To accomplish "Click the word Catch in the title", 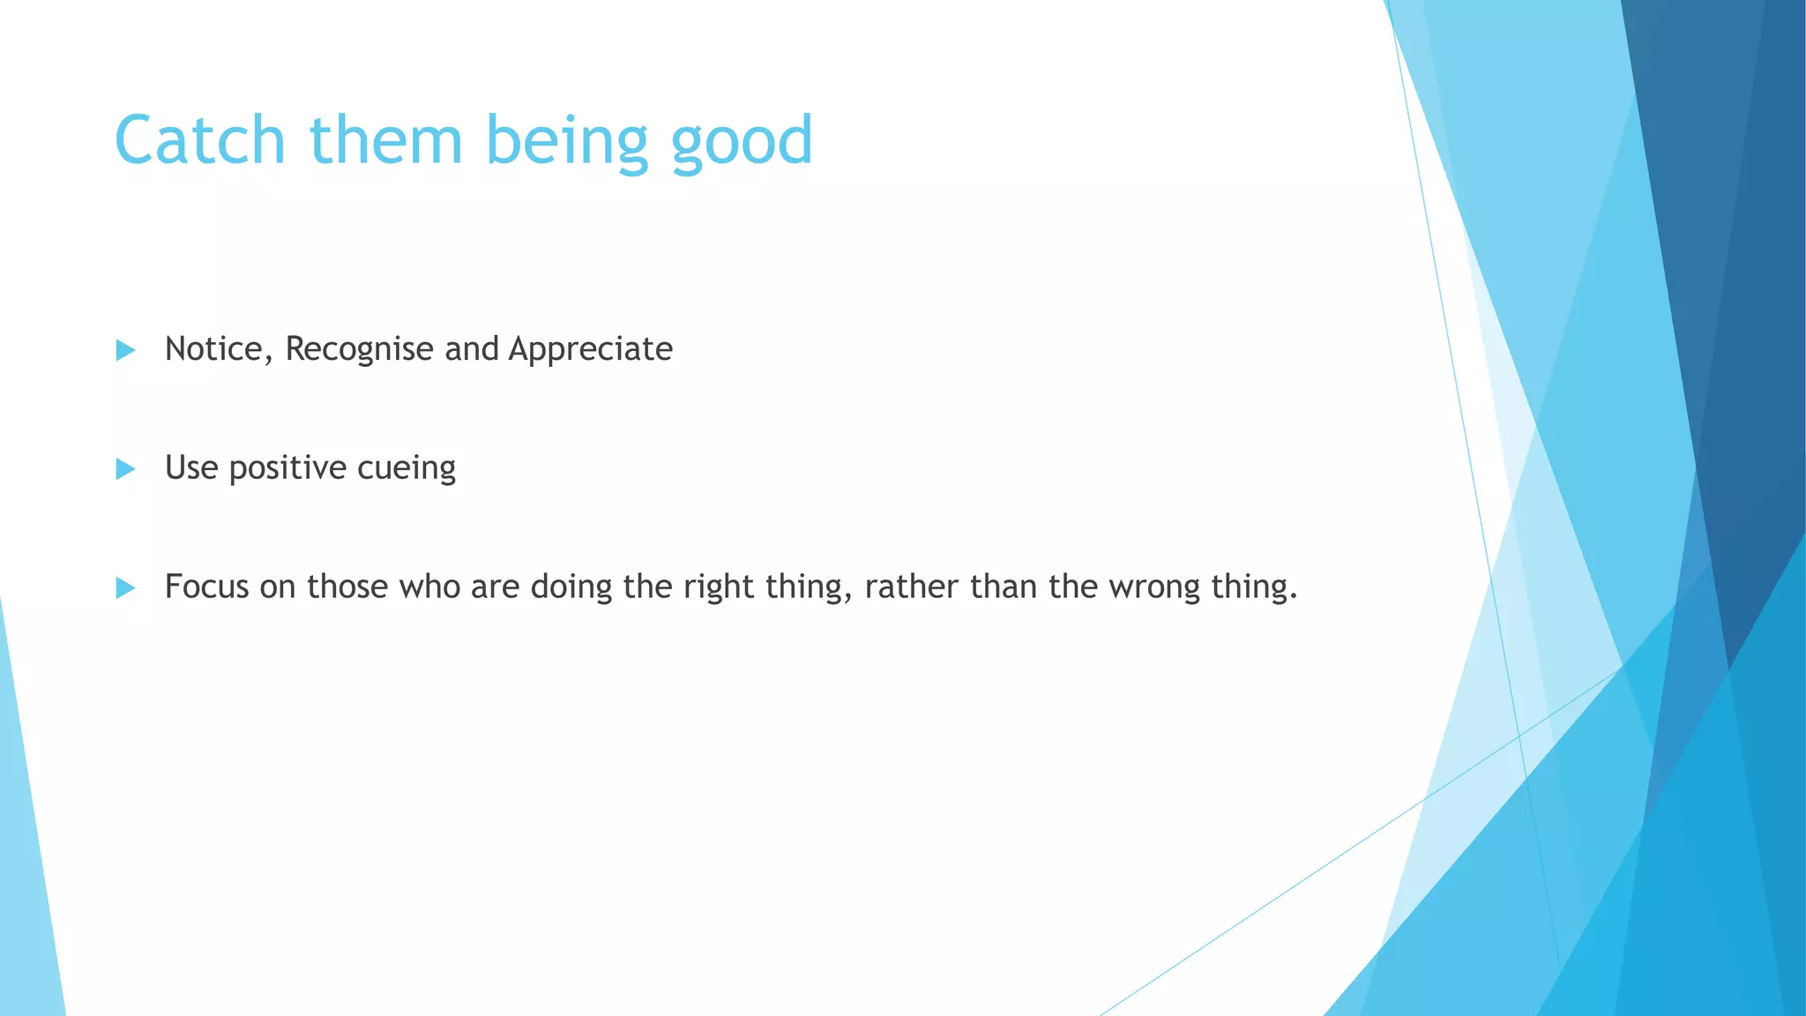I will [x=200, y=140].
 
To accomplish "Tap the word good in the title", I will [x=742, y=142].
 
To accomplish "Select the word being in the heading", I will [x=567, y=142].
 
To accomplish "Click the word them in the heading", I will [x=385, y=140].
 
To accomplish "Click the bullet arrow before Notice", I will [x=125, y=350].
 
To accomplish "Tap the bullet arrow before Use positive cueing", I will [x=125, y=469].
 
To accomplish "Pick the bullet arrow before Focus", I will [x=125, y=587].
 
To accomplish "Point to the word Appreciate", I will [x=590, y=350].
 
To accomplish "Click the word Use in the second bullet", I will [x=191, y=467].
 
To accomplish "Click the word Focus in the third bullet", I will [x=206, y=586].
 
